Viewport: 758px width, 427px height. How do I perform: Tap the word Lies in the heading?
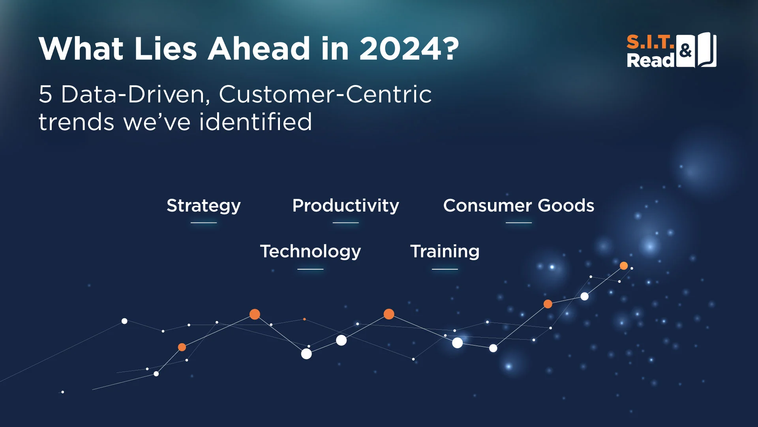(x=165, y=49)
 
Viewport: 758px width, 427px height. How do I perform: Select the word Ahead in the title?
(x=259, y=49)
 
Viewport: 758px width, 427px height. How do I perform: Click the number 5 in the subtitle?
(x=45, y=94)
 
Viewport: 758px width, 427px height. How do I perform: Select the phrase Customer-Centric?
(x=325, y=94)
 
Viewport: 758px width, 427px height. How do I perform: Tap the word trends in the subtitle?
(x=76, y=122)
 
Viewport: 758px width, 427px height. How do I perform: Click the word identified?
(x=256, y=121)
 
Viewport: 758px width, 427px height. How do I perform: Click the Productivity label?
(x=346, y=206)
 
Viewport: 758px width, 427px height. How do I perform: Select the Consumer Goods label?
(x=519, y=206)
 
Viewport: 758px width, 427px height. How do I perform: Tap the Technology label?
(x=310, y=252)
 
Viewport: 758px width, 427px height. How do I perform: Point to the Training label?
(x=445, y=252)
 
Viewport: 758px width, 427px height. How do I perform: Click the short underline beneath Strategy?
(x=204, y=223)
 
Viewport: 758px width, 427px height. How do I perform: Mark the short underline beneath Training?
(x=445, y=269)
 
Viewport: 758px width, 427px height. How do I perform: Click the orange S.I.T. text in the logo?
(x=651, y=42)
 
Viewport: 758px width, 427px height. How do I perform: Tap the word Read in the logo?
(x=651, y=60)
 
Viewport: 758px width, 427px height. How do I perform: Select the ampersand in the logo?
(x=686, y=51)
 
